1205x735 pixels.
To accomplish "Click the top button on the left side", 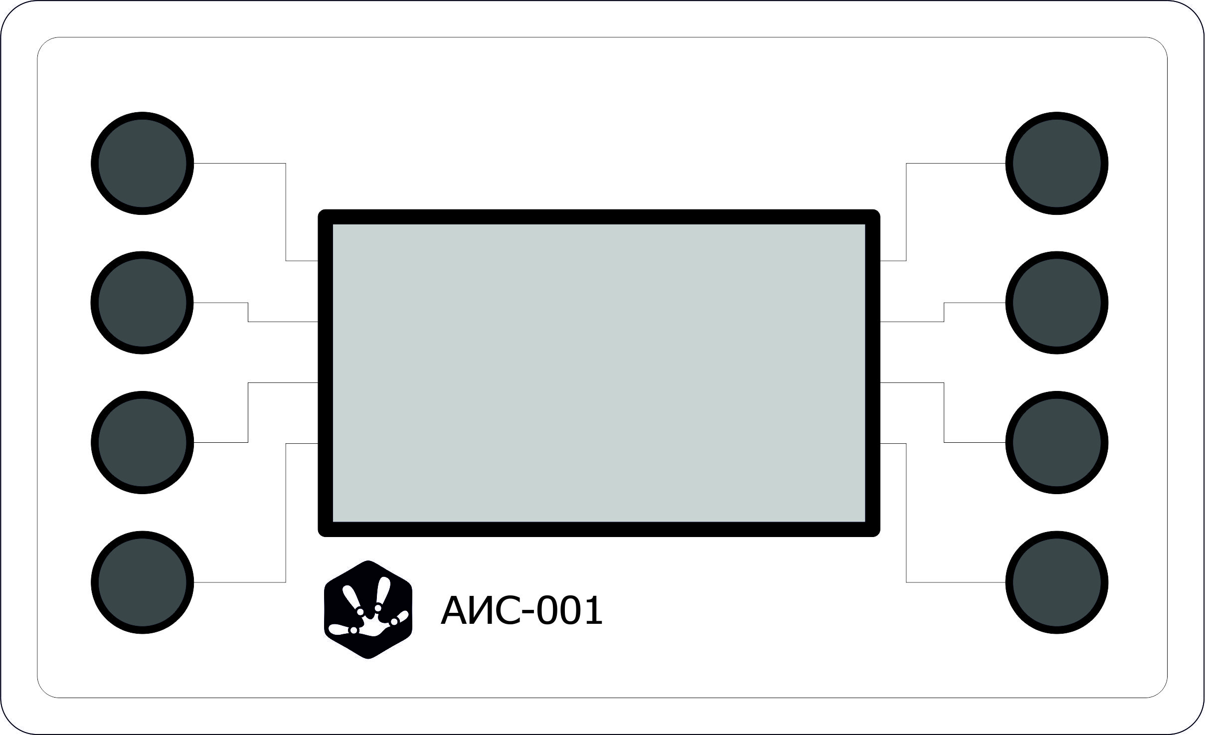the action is tap(142, 164).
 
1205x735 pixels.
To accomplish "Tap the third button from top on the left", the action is tap(142, 442).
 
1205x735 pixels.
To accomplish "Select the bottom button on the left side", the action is tap(142, 582).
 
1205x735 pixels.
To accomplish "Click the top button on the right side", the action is tap(1057, 164).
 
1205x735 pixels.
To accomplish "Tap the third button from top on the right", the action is tap(1057, 442).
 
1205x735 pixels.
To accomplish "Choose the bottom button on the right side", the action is tap(1057, 582).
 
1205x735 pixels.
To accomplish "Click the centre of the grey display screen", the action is tap(599, 373).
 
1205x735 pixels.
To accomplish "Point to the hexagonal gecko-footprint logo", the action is tap(368, 610).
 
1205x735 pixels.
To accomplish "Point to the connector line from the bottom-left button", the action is tap(286, 514).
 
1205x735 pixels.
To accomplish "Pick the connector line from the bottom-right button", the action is tap(906, 514).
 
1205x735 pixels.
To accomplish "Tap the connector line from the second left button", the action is tap(248, 312).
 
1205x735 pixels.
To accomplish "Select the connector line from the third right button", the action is tap(944, 412).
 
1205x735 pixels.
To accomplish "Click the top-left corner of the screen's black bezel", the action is tap(326, 217).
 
